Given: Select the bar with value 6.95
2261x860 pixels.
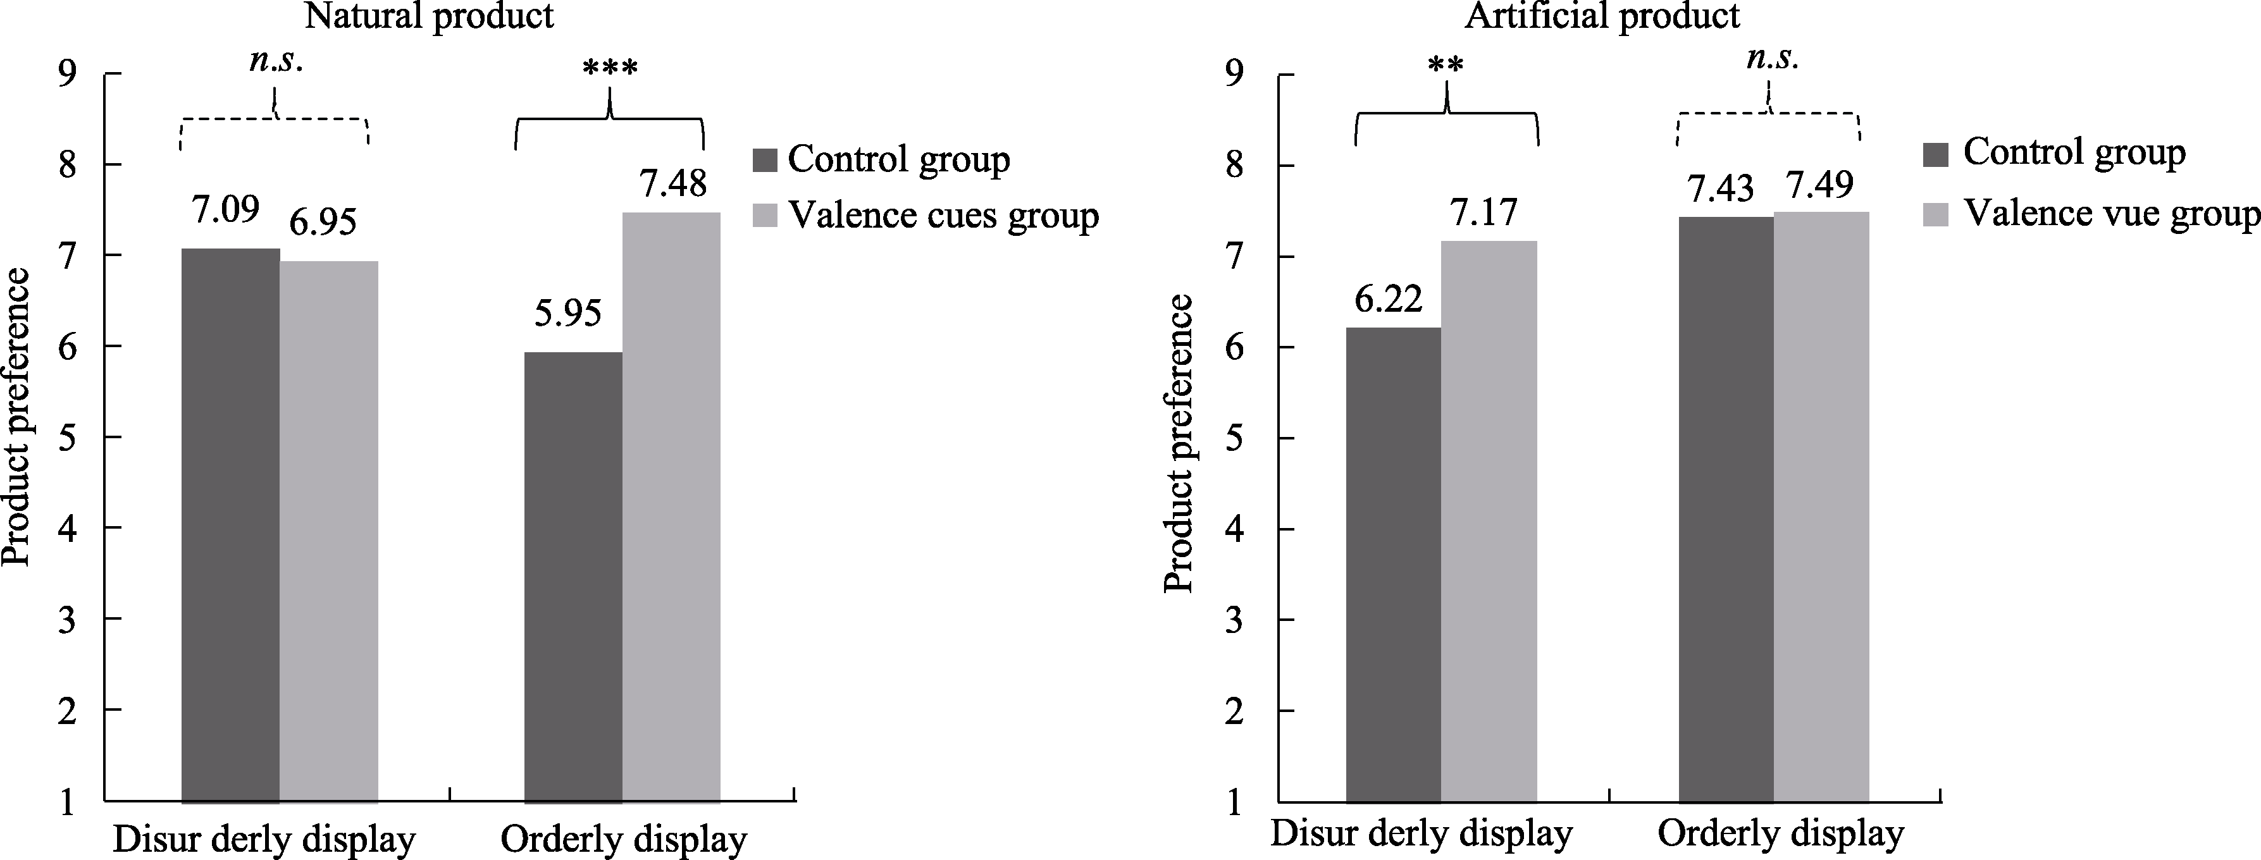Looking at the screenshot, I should point(328,531).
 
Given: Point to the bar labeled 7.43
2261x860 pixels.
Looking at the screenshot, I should point(1726,509).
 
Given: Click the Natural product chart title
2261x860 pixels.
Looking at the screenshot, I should point(430,16).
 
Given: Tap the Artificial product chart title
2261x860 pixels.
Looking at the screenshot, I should point(1602,16).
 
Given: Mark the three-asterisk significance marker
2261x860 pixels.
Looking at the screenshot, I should point(610,68).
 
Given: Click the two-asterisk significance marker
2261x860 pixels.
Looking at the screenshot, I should point(1445,66).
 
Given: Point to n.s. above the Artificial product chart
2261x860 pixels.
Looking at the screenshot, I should point(1772,58).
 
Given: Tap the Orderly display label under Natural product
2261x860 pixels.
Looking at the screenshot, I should point(623,838).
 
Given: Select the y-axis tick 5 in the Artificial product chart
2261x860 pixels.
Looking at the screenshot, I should point(1236,439).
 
